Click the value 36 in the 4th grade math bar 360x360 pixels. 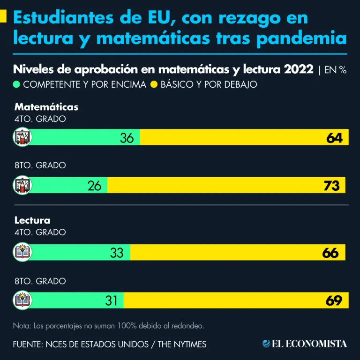click(x=127, y=138)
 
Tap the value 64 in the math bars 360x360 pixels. click(x=335, y=138)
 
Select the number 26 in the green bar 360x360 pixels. click(x=95, y=186)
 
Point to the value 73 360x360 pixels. click(x=331, y=186)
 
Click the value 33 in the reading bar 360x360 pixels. click(x=117, y=253)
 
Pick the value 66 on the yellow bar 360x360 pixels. click(x=330, y=253)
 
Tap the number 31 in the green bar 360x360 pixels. click(x=111, y=300)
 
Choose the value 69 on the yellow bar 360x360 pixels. click(x=334, y=300)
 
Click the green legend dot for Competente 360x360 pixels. click(x=17, y=85)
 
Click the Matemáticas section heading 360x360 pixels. click(x=46, y=107)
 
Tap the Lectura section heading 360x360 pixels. click(x=32, y=220)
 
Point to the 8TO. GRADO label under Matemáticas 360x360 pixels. click(x=40, y=165)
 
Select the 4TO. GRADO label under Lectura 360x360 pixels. click(x=40, y=232)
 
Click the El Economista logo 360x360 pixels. click(x=305, y=344)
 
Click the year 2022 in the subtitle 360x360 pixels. click(x=298, y=70)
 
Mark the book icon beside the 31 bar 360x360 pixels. click(x=22, y=300)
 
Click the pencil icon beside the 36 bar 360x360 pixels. click(x=22, y=137)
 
